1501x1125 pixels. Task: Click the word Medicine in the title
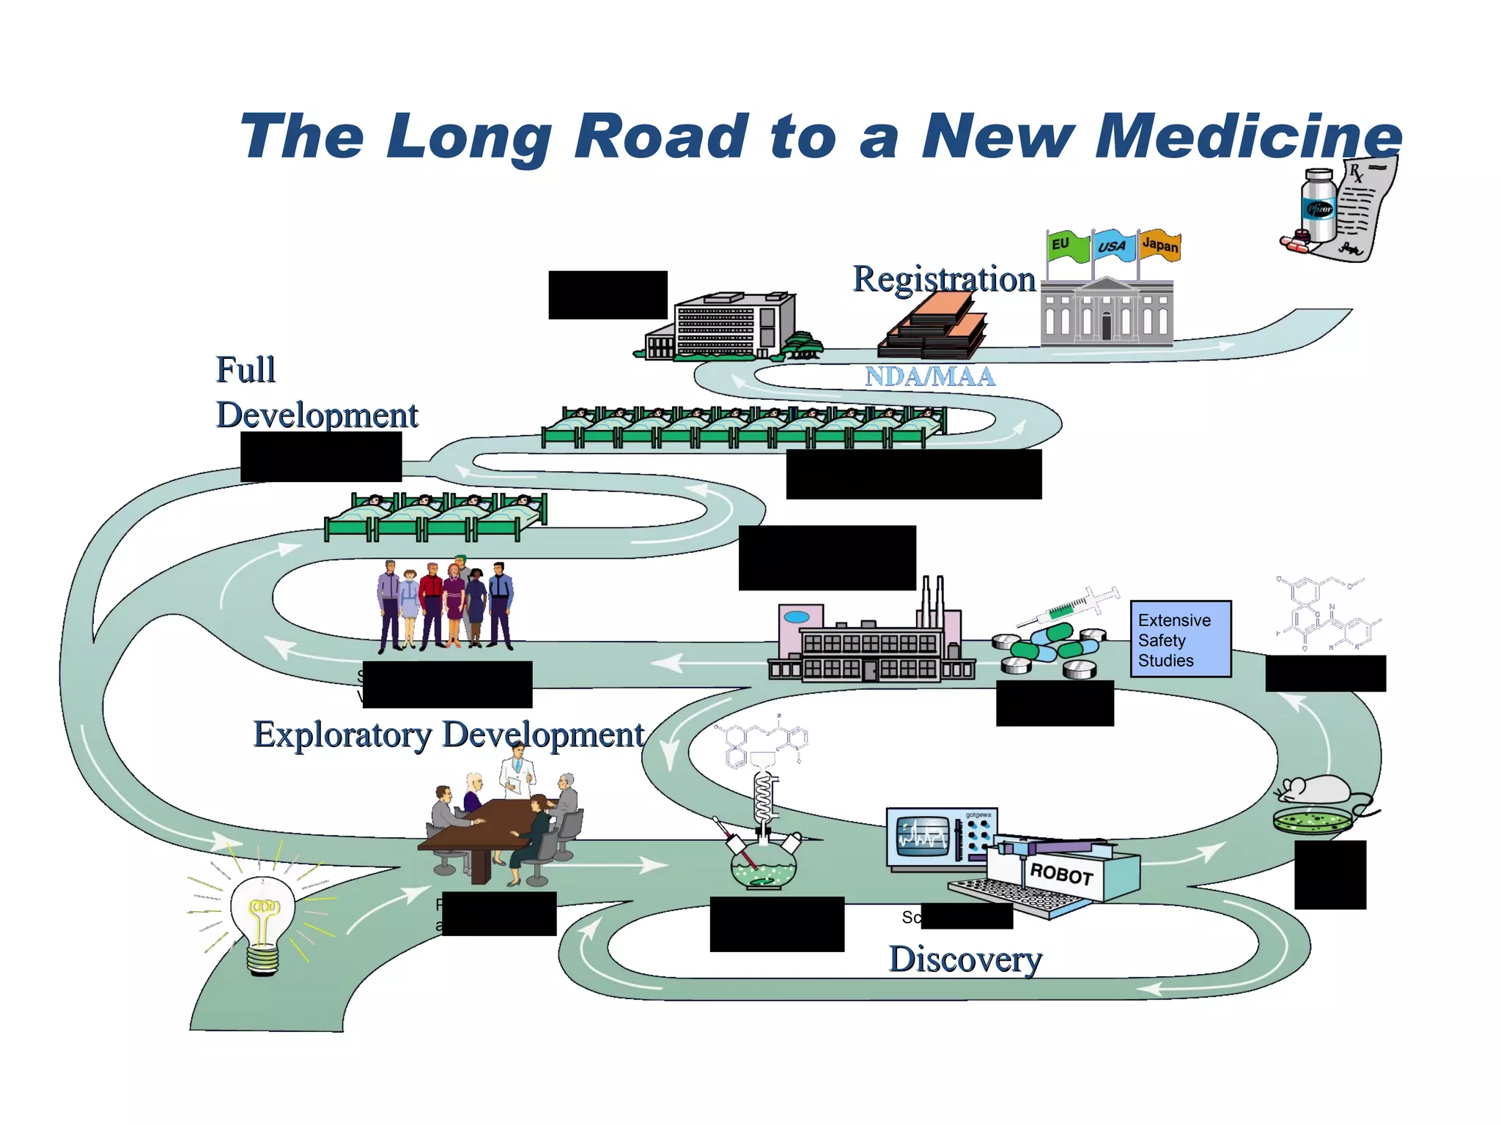[x=1247, y=137]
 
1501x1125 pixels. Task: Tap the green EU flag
[x=1067, y=246]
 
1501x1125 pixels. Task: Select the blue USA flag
[x=1113, y=246]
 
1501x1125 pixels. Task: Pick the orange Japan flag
[x=1159, y=245]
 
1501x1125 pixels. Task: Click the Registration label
[x=944, y=279]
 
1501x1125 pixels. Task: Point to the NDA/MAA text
[x=929, y=376]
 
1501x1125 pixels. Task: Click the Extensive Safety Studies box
[x=1180, y=639]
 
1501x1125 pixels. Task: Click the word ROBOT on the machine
[x=1061, y=873]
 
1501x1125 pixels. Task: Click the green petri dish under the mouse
[x=1312, y=820]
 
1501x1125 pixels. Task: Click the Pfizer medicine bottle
[x=1319, y=207]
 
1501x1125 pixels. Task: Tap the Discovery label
[x=965, y=959]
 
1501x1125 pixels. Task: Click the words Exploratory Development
[x=449, y=735]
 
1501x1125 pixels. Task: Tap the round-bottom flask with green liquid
[x=763, y=867]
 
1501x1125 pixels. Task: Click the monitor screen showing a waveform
[x=923, y=836]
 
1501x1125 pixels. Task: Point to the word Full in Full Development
[x=246, y=370]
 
